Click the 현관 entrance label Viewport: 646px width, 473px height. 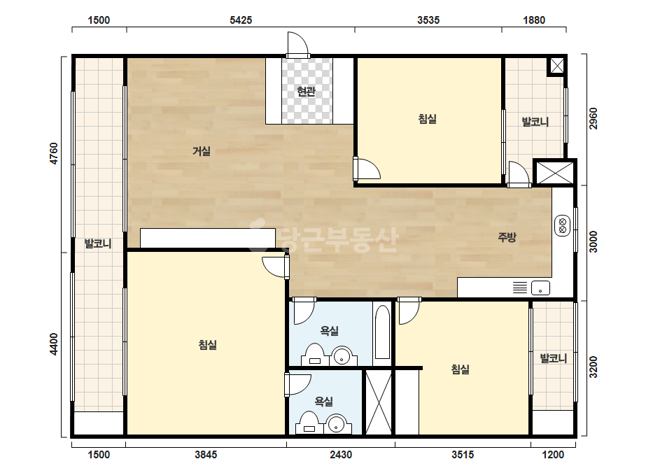306,91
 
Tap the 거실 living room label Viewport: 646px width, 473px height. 202,151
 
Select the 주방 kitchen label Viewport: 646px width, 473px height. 507,237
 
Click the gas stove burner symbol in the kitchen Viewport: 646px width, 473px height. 563,225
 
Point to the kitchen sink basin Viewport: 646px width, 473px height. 540,288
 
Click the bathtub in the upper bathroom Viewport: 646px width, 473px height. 383,332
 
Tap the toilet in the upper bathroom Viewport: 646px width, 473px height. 315,355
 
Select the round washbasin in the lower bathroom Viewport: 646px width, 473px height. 337,423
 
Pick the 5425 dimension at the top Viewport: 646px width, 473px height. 241,20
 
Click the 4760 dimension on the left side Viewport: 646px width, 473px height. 54,154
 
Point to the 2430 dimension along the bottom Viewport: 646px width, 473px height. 341,455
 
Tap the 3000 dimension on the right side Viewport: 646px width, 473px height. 593,242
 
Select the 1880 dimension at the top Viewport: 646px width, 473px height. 534,20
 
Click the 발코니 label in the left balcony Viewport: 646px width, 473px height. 98,243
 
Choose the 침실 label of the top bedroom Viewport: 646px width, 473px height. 427,119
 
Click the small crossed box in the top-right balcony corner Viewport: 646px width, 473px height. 557,66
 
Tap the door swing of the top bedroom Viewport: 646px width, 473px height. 367,169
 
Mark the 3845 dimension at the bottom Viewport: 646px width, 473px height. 206,455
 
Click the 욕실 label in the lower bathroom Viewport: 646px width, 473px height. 323,401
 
